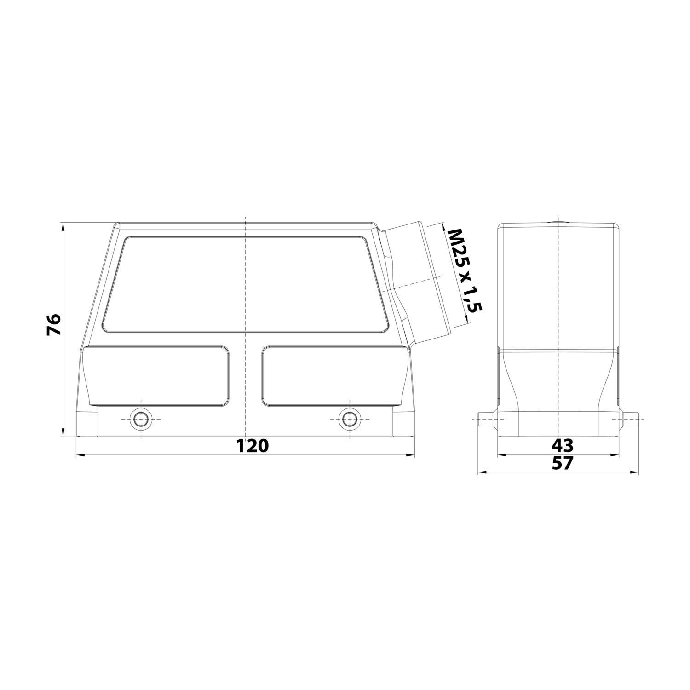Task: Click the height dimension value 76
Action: pos(53,325)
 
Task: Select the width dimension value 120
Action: pos(252,445)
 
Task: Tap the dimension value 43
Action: pos(562,445)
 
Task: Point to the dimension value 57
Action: pos(562,463)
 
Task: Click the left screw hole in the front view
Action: pos(140,419)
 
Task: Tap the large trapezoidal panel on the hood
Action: pos(246,284)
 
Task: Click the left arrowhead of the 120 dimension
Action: pos(79,455)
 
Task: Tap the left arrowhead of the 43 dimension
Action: pos(502,455)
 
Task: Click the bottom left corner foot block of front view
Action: pos(87,423)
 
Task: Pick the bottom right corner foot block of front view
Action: pos(403,423)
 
